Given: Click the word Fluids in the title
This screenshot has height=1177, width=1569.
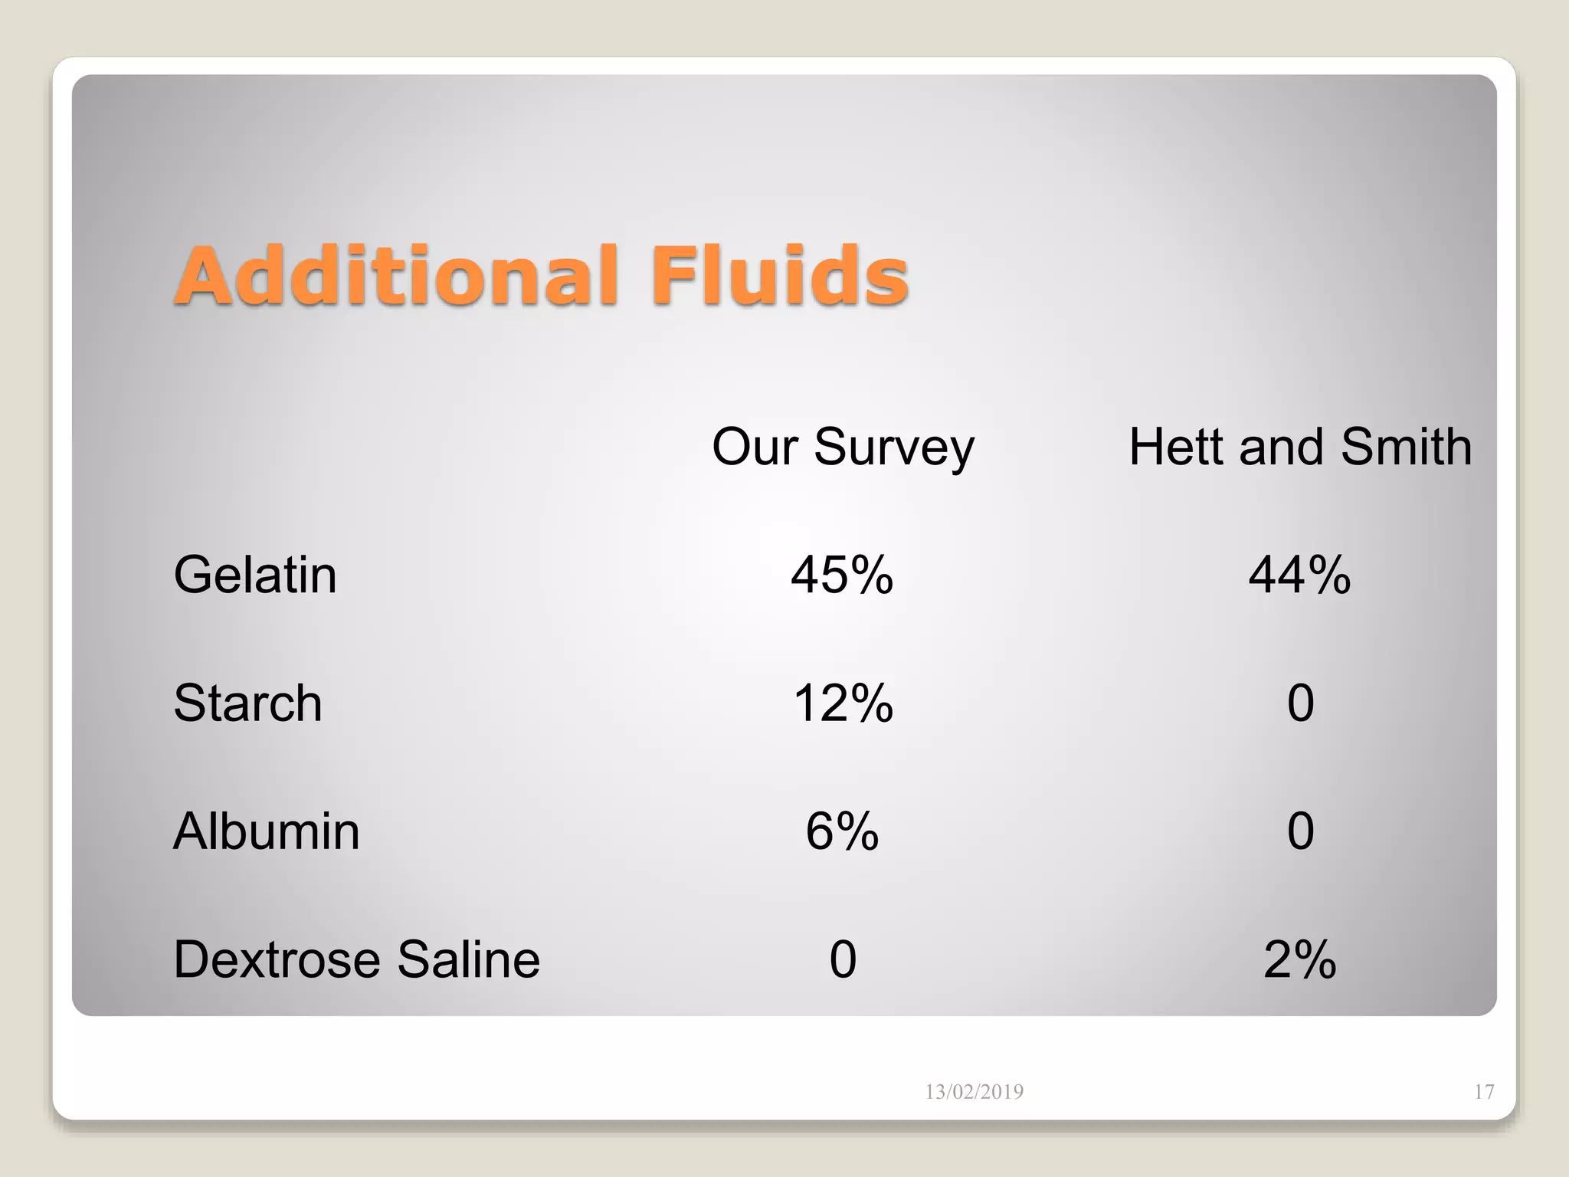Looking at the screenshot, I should click(x=779, y=276).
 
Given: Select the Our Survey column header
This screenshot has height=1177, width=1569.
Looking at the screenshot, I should click(x=843, y=447).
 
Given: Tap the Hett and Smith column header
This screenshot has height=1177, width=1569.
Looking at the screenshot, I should click(x=1300, y=447).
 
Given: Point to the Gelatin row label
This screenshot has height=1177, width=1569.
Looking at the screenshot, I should click(x=255, y=575).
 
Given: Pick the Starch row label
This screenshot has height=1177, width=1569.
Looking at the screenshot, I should click(x=247, y=703).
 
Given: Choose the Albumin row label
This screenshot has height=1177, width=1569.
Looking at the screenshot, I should click(x=267, y=831).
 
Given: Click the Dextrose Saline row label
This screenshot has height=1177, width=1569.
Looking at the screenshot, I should click(x=357, y=959).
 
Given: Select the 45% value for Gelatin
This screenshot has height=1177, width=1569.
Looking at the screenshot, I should click(x=842, y=575).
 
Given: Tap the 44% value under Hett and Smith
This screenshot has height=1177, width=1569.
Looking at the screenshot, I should click(x=1300, y=575).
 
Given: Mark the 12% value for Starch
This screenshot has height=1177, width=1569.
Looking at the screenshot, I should click(x=843, y=703).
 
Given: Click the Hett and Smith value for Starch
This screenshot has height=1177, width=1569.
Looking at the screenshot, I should click(x=1301, y=703).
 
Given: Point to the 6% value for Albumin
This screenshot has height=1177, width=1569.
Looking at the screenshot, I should click(x=842, y=831).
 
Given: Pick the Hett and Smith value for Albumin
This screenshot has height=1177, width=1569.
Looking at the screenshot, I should click(x=1301, y=831).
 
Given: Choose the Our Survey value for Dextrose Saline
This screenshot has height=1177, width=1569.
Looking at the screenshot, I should click(x=843, y=959).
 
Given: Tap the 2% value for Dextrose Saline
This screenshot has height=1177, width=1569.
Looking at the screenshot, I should click(x=1300, y=959).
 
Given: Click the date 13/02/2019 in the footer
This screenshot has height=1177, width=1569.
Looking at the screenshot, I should click(x=974, y=1092).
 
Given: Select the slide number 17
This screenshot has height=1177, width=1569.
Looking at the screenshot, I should click(x=1484, y=1092).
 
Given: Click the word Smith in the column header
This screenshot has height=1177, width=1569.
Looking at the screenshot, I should click(x=1407, y=447).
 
